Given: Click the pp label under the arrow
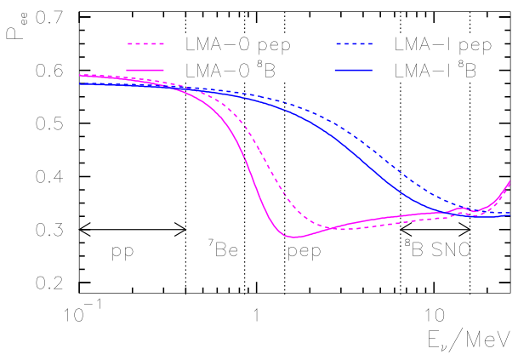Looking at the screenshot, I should tap(123, 253).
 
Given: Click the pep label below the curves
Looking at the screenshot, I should tap(304, 253).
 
